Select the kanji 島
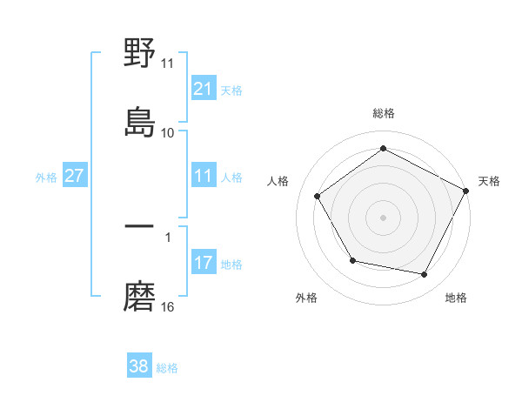(140, 121)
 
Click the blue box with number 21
(203, 89)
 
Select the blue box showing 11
(203, 177)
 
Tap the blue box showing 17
(203, 263)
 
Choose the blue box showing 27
(74, 177)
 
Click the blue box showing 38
(138, 366)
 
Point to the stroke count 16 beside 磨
(168, 307)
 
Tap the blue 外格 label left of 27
(46, 178)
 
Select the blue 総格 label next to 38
(167, 368)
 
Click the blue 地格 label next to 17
(231, 264)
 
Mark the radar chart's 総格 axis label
(384, 113)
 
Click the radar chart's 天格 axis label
(489, 181)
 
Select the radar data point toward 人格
(318, 197)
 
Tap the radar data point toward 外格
(352, 260)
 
